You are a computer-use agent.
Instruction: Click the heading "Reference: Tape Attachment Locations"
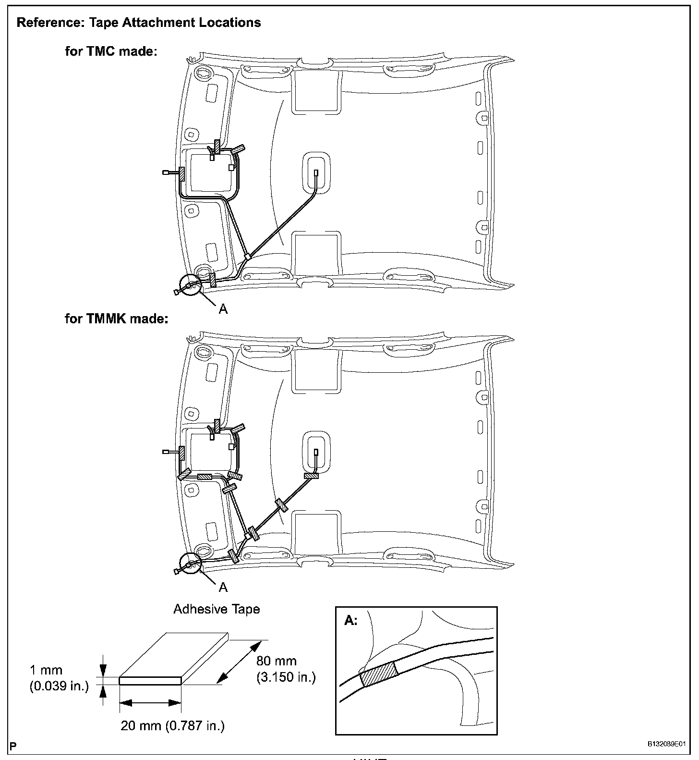pyautogui.click(x=139, y=23)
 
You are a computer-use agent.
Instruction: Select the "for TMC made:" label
pyautogui.click(x=111, y=51)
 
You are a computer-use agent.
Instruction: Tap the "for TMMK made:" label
pyautogui.click(x=117, y=319)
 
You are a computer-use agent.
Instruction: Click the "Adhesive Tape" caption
pyautogui.click(x=217, y=609)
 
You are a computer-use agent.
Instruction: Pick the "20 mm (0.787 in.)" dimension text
pyautogui.click(x=172, y=725)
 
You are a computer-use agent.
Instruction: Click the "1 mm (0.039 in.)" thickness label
pyautogui.click(x=59, y=678)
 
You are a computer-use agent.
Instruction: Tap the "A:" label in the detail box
pyautogui.click(x=351, y=621)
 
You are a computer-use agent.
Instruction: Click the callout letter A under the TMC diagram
pyautogui.click(x=223, y=309)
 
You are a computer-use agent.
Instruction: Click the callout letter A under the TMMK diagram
pyautogui.click(x=223, y=587)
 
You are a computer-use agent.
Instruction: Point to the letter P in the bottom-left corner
pyautogui.click(x=12, y=747)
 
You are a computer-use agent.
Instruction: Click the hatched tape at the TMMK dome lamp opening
pyautogui.click(x=311, y=476)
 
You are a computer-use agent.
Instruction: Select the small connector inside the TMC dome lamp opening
pyautogui.click(x=315, y=173)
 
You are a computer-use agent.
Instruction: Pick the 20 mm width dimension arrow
pyautogui.click(x=149, y=703)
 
